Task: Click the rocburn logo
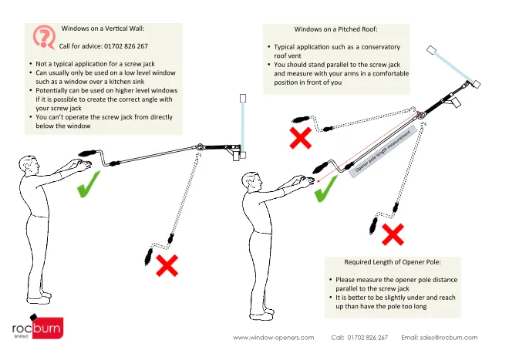(37, 329)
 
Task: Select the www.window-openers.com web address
(273, 338)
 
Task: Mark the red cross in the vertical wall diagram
(167, 266)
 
